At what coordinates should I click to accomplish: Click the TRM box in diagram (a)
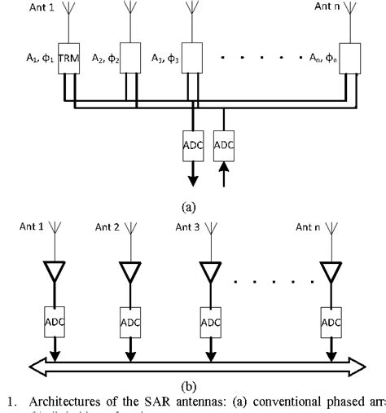(68, 59)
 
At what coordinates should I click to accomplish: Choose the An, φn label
(318, 59)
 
